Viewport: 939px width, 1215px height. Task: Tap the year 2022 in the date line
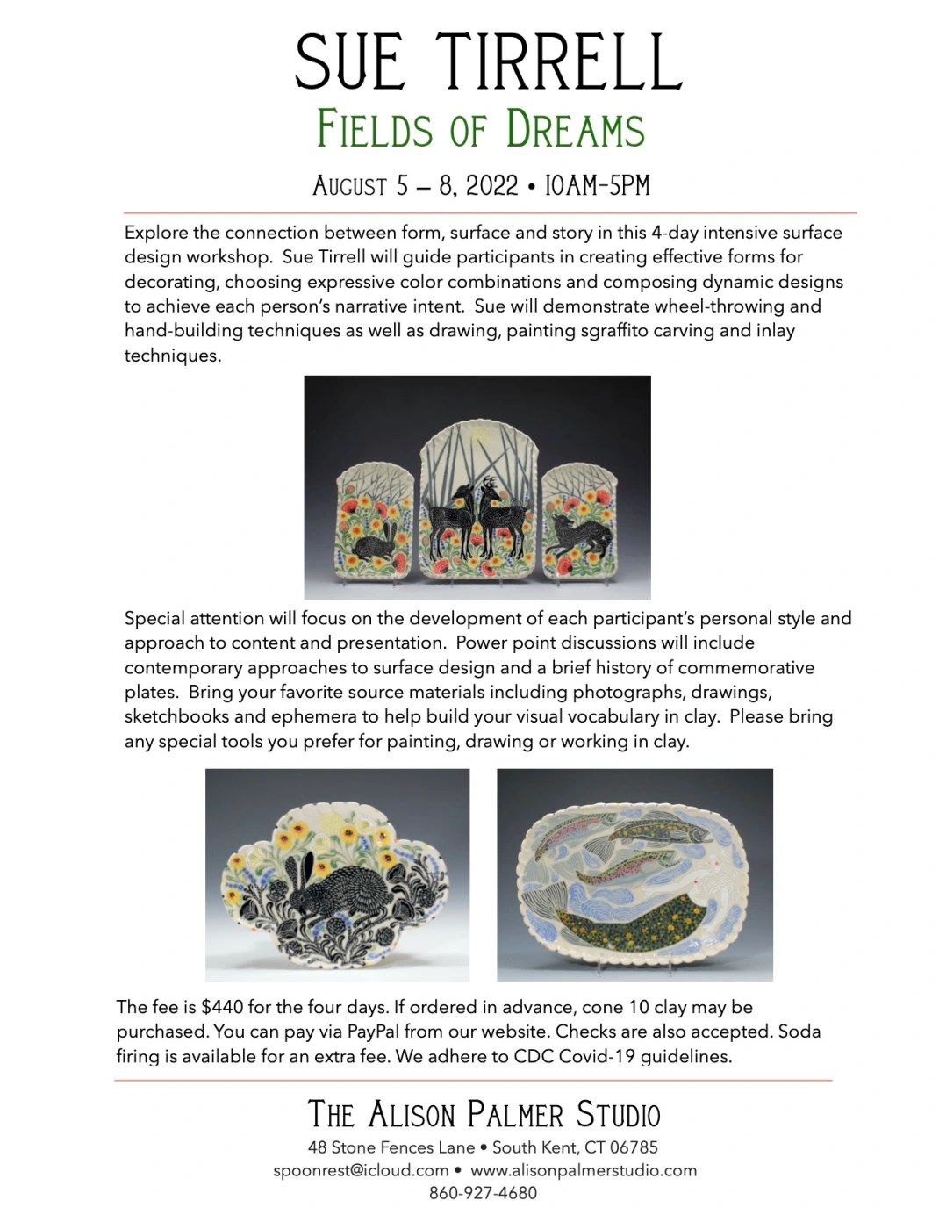(x=492, y=185)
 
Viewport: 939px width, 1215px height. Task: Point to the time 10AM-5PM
(x=597, y=185)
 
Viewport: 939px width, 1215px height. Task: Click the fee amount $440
(x=222, y=1007)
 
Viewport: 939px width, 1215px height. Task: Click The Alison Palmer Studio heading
(x=484, y=1114)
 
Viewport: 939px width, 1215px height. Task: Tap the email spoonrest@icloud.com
(x=361, y=1170)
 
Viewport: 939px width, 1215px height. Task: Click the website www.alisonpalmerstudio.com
(x=584, y=1170)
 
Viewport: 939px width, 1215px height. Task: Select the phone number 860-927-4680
(x=483, y=1193)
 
